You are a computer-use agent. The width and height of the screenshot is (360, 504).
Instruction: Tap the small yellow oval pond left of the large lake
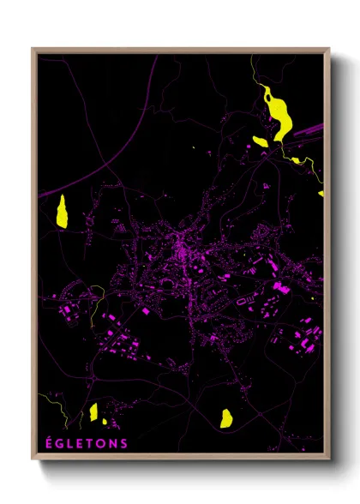point(260,141)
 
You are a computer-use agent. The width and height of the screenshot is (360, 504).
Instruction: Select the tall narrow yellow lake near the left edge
point(62,211)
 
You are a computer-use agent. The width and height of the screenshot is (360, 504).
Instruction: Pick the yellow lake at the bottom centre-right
point(226,417)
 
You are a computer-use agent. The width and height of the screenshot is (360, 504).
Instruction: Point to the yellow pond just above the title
point(93,412)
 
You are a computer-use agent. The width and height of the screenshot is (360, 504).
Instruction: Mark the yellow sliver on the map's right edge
point(321,194)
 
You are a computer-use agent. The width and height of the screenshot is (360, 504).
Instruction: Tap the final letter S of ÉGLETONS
point(124,443)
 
